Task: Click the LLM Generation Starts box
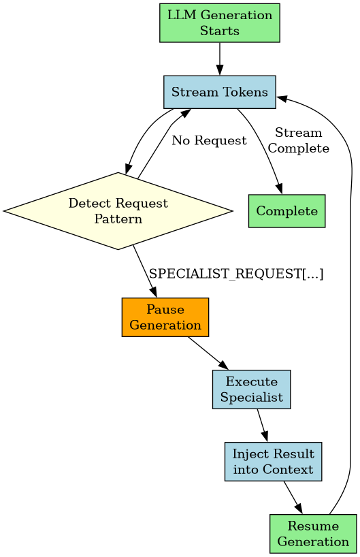219,23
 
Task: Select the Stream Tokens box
219,92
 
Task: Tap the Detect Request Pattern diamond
118,211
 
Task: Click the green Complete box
287,211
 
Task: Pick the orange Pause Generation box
165,317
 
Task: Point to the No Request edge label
209,141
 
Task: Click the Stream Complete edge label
299,140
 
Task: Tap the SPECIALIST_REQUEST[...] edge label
236,274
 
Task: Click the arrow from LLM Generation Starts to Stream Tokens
219,58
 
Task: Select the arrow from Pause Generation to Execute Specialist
208,353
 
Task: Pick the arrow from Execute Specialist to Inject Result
262,426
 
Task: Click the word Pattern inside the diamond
118,219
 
